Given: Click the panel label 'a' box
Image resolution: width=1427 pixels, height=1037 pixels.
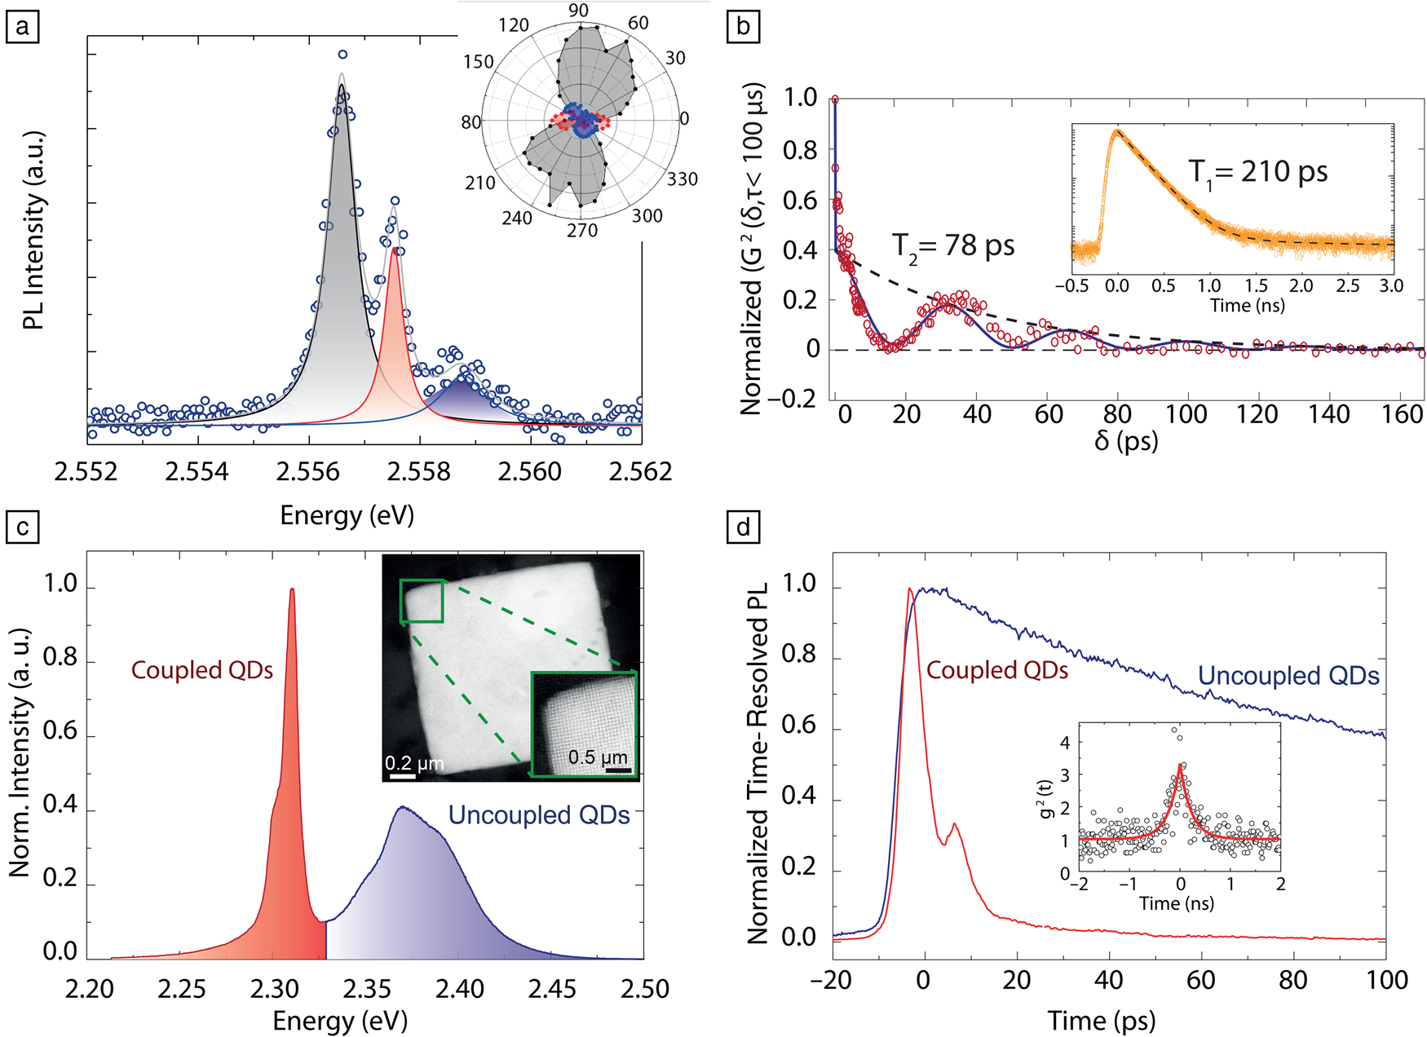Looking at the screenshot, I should point(22,27).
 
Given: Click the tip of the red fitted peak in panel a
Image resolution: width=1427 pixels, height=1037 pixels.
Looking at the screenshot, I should point(395,249).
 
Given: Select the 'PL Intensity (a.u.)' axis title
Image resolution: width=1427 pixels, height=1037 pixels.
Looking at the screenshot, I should point(33,231).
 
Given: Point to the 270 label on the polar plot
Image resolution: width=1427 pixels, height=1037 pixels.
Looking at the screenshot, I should point(582,231).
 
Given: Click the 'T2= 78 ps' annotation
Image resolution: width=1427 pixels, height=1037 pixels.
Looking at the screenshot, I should point(952,245).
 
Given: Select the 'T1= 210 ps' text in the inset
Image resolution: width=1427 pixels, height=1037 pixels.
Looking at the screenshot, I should point(1257,172).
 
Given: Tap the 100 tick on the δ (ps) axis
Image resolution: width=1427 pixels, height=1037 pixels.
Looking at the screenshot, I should point(1186,414).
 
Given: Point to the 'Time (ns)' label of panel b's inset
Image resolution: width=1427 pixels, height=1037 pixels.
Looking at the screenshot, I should point(1247,306).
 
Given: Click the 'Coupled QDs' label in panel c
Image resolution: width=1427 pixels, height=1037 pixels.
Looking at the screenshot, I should point(202,670).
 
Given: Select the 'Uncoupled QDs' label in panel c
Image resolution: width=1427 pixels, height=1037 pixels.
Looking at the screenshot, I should point(539,815).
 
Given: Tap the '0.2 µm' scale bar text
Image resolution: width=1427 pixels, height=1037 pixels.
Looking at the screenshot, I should point(414,764).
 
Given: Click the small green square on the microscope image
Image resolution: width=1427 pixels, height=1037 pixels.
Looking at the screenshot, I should point(422,601).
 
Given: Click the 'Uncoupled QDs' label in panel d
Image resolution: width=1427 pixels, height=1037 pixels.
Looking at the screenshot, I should point(1288,676).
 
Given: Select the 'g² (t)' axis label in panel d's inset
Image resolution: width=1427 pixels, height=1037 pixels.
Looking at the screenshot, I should point(1047,799).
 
